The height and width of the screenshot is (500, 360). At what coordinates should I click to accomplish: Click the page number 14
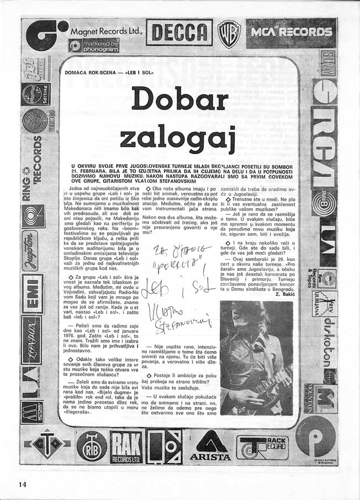(x=22, y=484)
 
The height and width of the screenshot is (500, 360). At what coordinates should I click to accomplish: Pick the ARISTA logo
(x=209, y=446)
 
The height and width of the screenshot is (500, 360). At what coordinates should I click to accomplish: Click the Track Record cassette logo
(x=262, y=445)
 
